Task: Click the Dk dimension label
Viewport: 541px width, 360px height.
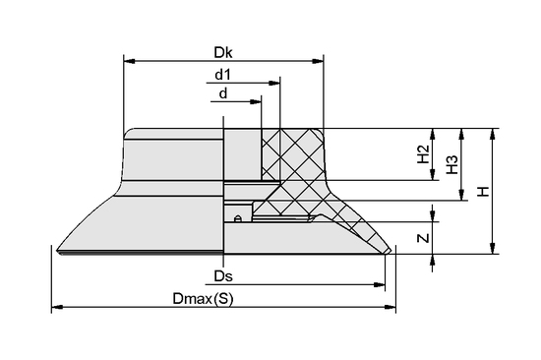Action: [223, 52]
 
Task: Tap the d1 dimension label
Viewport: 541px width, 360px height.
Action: [222, 74]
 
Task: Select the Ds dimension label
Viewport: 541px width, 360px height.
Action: [223, 276]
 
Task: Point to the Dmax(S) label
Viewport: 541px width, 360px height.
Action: [203, 299]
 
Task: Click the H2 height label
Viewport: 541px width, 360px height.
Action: [423, 154]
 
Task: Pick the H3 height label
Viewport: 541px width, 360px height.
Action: [452, 164]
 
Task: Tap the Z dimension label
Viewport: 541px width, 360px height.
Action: [423, 238]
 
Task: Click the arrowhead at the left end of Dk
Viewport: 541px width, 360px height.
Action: [130, 61]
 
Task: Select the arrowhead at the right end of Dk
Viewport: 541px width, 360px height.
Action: [318, 61]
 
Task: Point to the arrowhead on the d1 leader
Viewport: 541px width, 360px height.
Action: [274, 83]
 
